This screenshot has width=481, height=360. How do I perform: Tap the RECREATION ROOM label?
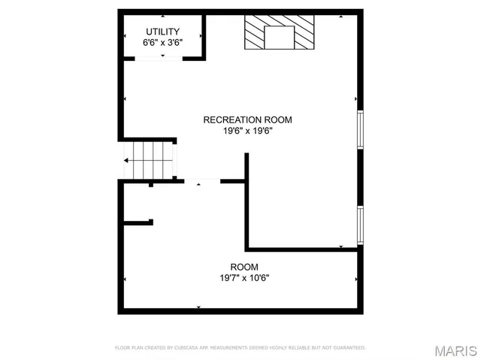247,119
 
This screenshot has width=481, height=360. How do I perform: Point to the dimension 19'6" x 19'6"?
247,131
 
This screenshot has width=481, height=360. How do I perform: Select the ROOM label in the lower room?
244,267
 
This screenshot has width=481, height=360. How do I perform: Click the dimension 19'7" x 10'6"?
244,278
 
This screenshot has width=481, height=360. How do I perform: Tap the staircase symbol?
150,159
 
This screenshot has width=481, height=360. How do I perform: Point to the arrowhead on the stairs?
127,160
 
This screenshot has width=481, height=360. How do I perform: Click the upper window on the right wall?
361,129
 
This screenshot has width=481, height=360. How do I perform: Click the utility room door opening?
156,58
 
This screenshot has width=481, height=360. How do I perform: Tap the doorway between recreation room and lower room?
198,180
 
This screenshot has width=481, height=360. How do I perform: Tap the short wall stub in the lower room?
138,222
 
